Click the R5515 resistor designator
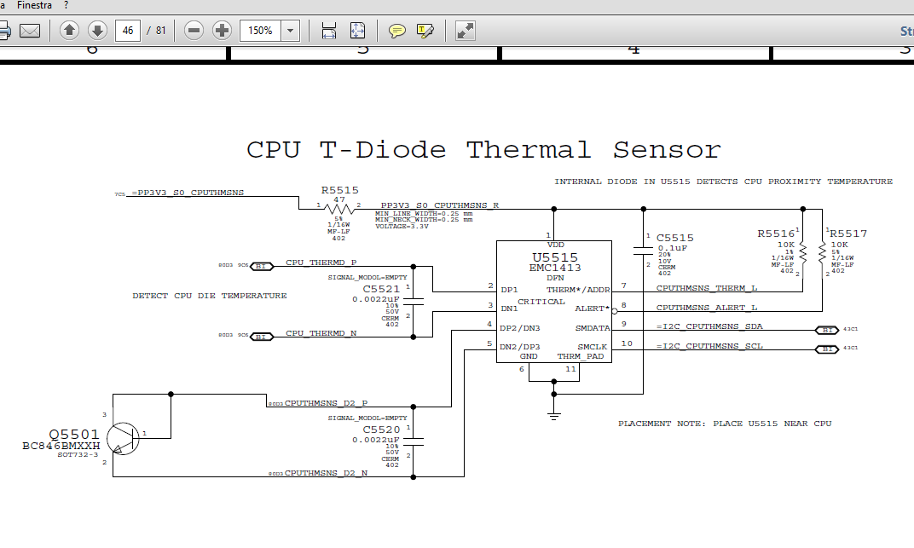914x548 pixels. [x=339, y=191]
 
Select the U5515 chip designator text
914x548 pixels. [x=554, y=257]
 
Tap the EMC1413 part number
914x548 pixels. [x=554, y=268]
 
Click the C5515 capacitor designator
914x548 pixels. [x=674, y=238]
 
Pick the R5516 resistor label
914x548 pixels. [x=776, y=233]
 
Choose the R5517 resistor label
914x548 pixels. [x=848, y=233]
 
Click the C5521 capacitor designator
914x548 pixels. [x=381, y=289]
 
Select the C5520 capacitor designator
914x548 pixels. [x=381, y=430]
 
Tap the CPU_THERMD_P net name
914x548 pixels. [x=321, y=262]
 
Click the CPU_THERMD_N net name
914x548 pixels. [x=321, y=333]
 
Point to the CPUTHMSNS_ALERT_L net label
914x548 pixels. [x=707, y=308]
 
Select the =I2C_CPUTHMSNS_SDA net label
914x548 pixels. [x=709, y=326]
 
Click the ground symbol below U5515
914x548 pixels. [x=553, y=415]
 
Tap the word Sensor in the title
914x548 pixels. [x=667, y=151]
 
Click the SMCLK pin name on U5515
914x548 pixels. [x=592, y=346]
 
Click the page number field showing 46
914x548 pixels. [x=128, y=31]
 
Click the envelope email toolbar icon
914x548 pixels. [x=30, y=31]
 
